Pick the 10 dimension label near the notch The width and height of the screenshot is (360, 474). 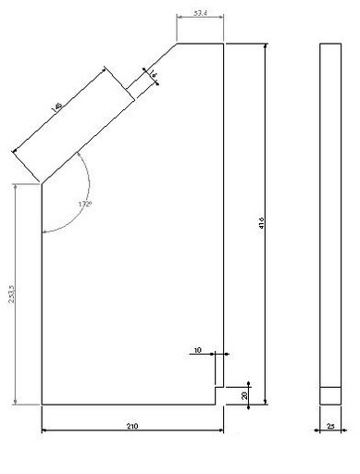[x=197, y=351]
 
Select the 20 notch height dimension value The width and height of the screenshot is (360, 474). [x=244, y=394]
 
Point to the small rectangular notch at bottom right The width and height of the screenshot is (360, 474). [x=220, y=394]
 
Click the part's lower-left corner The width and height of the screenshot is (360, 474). [x=42, y=405]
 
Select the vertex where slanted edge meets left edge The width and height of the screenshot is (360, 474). [x=42, y=183]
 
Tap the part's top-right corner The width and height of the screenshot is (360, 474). [x=225, y=44]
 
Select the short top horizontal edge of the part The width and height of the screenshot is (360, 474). [x=200, y=44]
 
